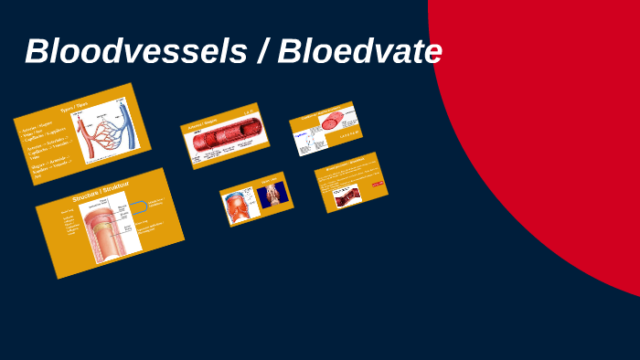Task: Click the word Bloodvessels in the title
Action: [x=135, y=51]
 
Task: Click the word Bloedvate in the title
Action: [x=360, y=51]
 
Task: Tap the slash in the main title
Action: [x=262, y=51]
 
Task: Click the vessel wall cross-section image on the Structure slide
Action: [x=111, y=232]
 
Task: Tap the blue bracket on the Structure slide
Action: [x=140, y=207]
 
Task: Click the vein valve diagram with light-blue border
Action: [x=240, y=206]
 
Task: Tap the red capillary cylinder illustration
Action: [x=332, y=119]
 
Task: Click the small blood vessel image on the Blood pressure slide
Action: [x=347, y=195]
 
